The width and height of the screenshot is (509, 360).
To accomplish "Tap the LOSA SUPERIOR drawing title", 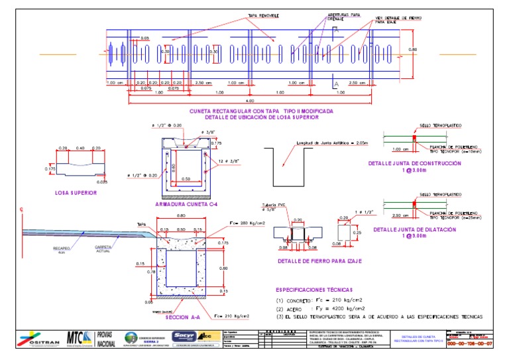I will [x=76, y=193].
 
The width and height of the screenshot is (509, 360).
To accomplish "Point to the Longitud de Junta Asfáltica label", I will [x=325, y=143].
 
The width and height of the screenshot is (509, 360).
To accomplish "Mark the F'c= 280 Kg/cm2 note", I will [x=247, y=223].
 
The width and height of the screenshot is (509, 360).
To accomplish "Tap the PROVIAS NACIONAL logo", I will [x=106, y=338].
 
